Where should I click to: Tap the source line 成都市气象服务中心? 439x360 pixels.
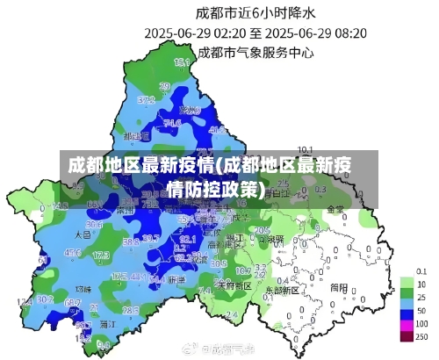[256, 53]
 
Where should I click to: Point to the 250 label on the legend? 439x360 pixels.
[422, 337]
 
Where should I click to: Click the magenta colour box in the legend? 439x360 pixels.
[407, 335]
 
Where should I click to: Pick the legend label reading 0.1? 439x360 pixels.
[421, 271]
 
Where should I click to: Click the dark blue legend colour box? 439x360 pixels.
[407, 312]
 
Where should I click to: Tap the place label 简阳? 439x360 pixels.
[339, 285]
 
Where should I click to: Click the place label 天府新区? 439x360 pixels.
[234, 285]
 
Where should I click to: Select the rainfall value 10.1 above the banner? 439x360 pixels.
[306, 149]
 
